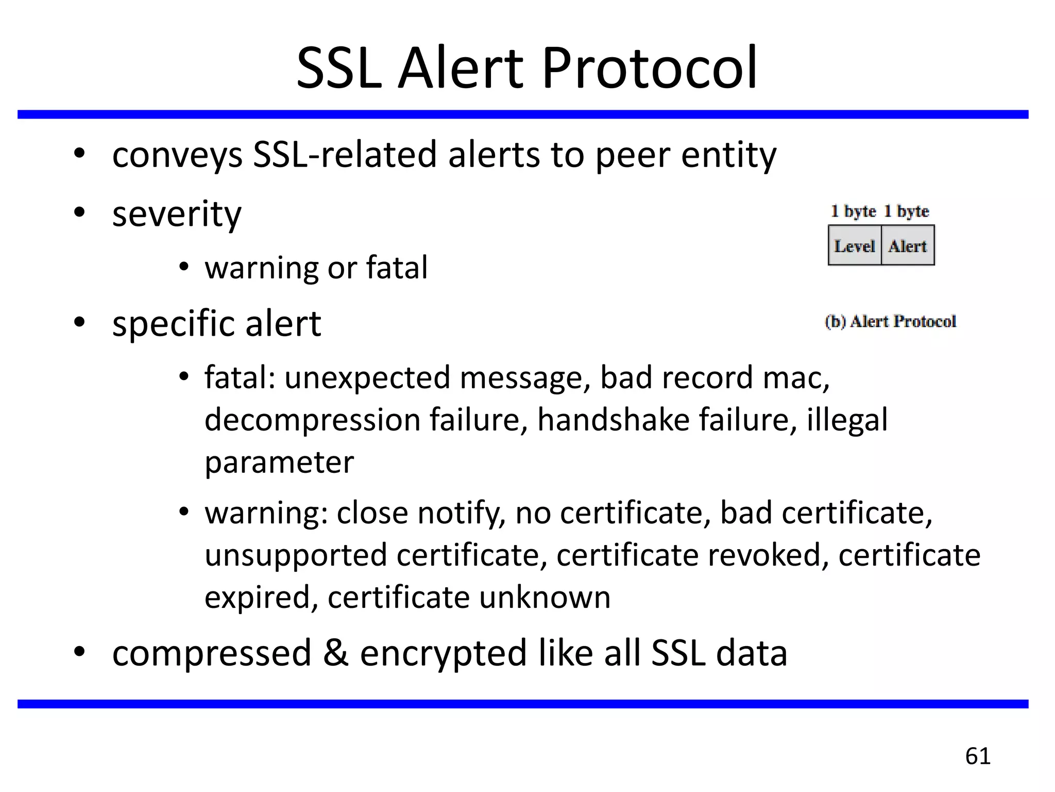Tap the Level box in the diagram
tap(855, 246)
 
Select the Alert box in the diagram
tap(908, 246)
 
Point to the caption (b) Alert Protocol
tap(890, 321)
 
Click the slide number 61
tap(978, 756)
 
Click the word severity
tap(177, 214)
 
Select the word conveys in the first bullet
tap(177, 156)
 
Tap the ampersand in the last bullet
tap(335, 653)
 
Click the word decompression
tap(312, 420)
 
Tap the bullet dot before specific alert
tap(79, 322)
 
